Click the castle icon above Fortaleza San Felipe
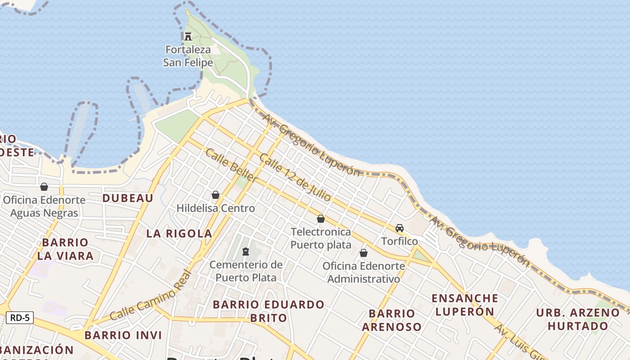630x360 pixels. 188,36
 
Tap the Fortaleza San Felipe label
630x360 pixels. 188,56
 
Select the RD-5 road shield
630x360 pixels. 20,318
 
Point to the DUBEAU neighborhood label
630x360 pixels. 128,198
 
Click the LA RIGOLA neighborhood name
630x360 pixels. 179,233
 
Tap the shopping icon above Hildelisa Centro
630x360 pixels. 216,195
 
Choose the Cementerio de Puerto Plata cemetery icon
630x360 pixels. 246,251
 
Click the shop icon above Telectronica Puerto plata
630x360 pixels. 321,219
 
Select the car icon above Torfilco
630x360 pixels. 400,228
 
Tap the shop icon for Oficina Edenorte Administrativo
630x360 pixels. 364,253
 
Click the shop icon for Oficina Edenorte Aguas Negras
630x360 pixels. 44,187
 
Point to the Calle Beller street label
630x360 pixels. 231,166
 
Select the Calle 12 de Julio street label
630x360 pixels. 295,177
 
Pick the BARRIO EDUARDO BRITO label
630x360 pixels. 269,311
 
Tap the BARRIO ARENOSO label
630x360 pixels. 391,320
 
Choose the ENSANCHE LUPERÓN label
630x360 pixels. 465,305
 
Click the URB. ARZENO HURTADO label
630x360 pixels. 578,319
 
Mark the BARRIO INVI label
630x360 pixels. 123,335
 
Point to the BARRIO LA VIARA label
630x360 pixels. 65,249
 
